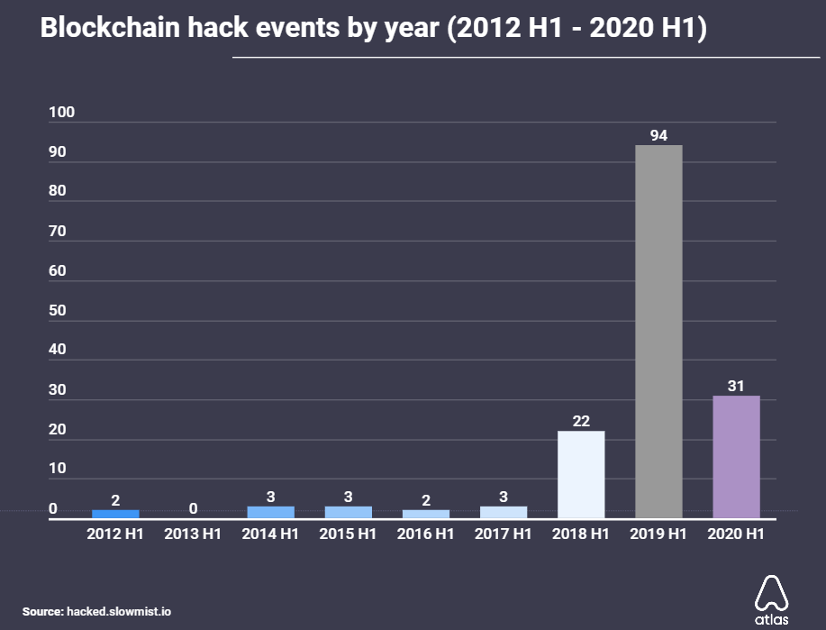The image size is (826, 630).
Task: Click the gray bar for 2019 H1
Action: tap(658, 332)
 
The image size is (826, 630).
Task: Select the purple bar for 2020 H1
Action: tap(736, 457)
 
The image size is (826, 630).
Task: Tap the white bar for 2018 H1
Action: tap(581, 474)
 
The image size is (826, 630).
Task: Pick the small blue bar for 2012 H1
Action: tap(115, 514)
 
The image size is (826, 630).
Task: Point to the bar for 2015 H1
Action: tap(348, 512)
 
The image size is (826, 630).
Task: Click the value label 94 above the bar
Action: tap(658, 135)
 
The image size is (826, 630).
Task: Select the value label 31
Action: tap(736, 386)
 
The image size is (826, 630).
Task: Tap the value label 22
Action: tap(581, 421)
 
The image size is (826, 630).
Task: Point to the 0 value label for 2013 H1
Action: tap(193, 508)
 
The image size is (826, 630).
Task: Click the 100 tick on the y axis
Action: tap(62, 113)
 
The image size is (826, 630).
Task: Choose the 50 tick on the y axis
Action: tap(58, 310)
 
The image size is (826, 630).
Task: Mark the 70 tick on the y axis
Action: tap(58, 232)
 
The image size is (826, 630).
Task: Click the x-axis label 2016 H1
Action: tap(425, 534)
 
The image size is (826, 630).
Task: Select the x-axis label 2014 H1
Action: tap(270, 534)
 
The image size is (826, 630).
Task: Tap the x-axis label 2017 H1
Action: tap(503, 534)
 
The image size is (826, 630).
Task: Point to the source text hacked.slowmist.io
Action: tap(119, 611)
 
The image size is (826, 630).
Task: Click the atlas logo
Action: tap(771, 598)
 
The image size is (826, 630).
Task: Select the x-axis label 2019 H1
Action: tap(658, 534)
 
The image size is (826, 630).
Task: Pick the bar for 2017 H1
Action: tap(504, 512)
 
